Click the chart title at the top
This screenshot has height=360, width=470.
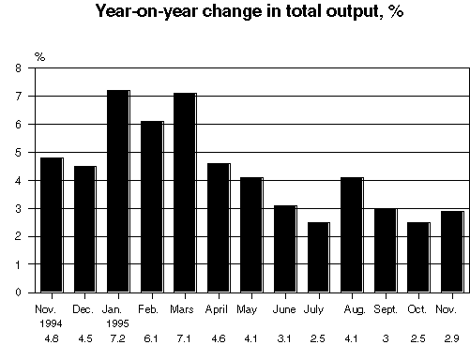pyautogui.click(x=235, y=13)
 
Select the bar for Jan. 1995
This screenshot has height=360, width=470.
pyautogui.click(x=117, y=191)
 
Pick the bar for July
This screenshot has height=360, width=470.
pyautogui.click(x=317, y=257)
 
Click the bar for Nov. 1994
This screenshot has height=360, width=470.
pyautogui.click(x=51, y=225)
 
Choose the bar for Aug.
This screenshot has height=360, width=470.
pyautogui.click(x=351, y=234)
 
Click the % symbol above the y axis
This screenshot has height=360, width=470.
pyautogui.click(x=39, y=57)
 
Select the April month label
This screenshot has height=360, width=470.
pyautogui.click(x=217, y=307)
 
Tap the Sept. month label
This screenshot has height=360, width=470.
pyautogui.click(x=385, y=307)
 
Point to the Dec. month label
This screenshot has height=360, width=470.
pyautogui.click(x=83, y=307)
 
